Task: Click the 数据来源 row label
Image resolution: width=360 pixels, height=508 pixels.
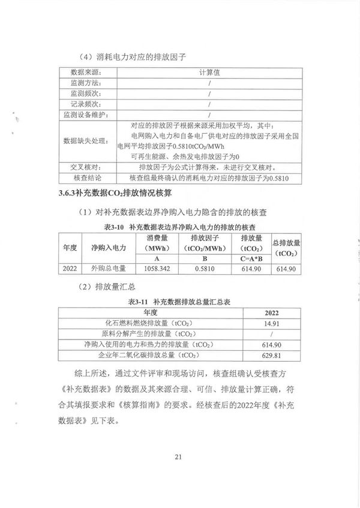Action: [x=85, y=71]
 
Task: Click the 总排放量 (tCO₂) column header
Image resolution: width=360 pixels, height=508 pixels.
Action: [x=286, y=247]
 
